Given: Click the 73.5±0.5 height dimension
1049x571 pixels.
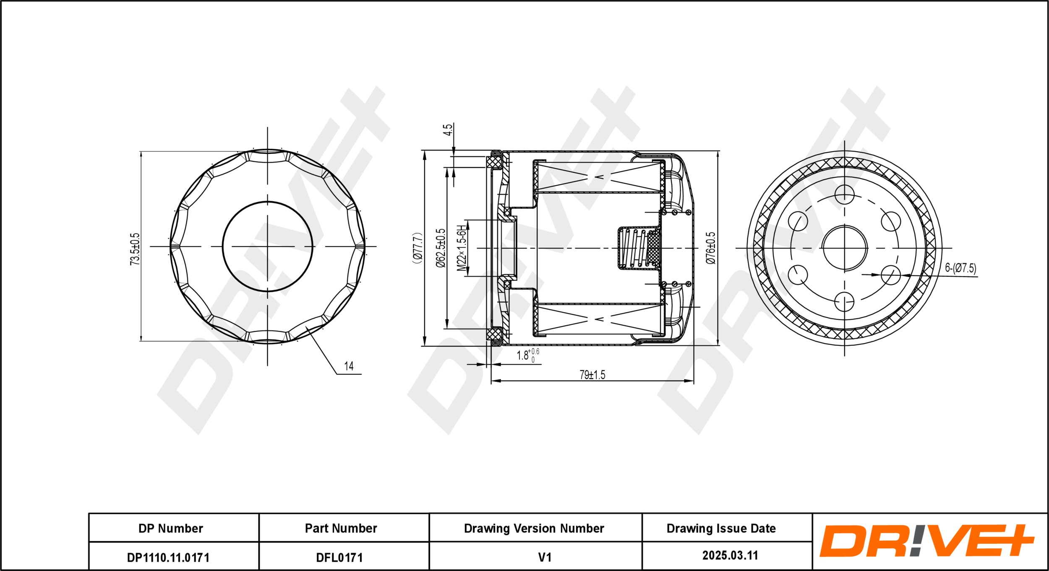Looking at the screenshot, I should [x=135, y=249].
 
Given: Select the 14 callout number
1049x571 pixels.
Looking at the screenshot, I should [x=349, y=366].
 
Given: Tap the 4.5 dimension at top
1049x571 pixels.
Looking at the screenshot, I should [x=448, y=130].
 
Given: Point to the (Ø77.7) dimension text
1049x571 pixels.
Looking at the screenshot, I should [x=417, y=248].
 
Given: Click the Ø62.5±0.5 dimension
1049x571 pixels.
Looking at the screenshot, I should [x=441, y=248].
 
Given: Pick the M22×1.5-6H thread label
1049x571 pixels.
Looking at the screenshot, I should [x=462, y=248].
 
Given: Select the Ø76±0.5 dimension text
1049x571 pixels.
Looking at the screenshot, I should [x=711, y=248].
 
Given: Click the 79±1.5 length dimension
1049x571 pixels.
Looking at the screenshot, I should [x=592, y=375].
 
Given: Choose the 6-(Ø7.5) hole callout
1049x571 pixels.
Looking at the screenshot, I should [x=960, y=268].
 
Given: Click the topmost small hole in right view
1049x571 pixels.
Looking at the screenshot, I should [x=845, y=194].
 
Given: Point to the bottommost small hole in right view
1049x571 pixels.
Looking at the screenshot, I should [x=845, y=301].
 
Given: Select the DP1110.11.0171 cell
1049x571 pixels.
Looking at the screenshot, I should [x=168, y=558].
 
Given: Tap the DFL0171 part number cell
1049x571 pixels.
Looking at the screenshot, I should [x=339, y=558].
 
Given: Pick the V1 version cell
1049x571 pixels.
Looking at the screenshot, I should [x=545, y=557].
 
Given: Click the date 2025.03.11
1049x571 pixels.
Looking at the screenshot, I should [x=730, y=555].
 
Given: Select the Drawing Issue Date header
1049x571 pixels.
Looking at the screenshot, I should [x=721, y=529].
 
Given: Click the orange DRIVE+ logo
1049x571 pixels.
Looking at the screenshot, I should [x=926, y=541].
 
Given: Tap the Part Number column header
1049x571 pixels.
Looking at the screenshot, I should [x=341, y=529].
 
